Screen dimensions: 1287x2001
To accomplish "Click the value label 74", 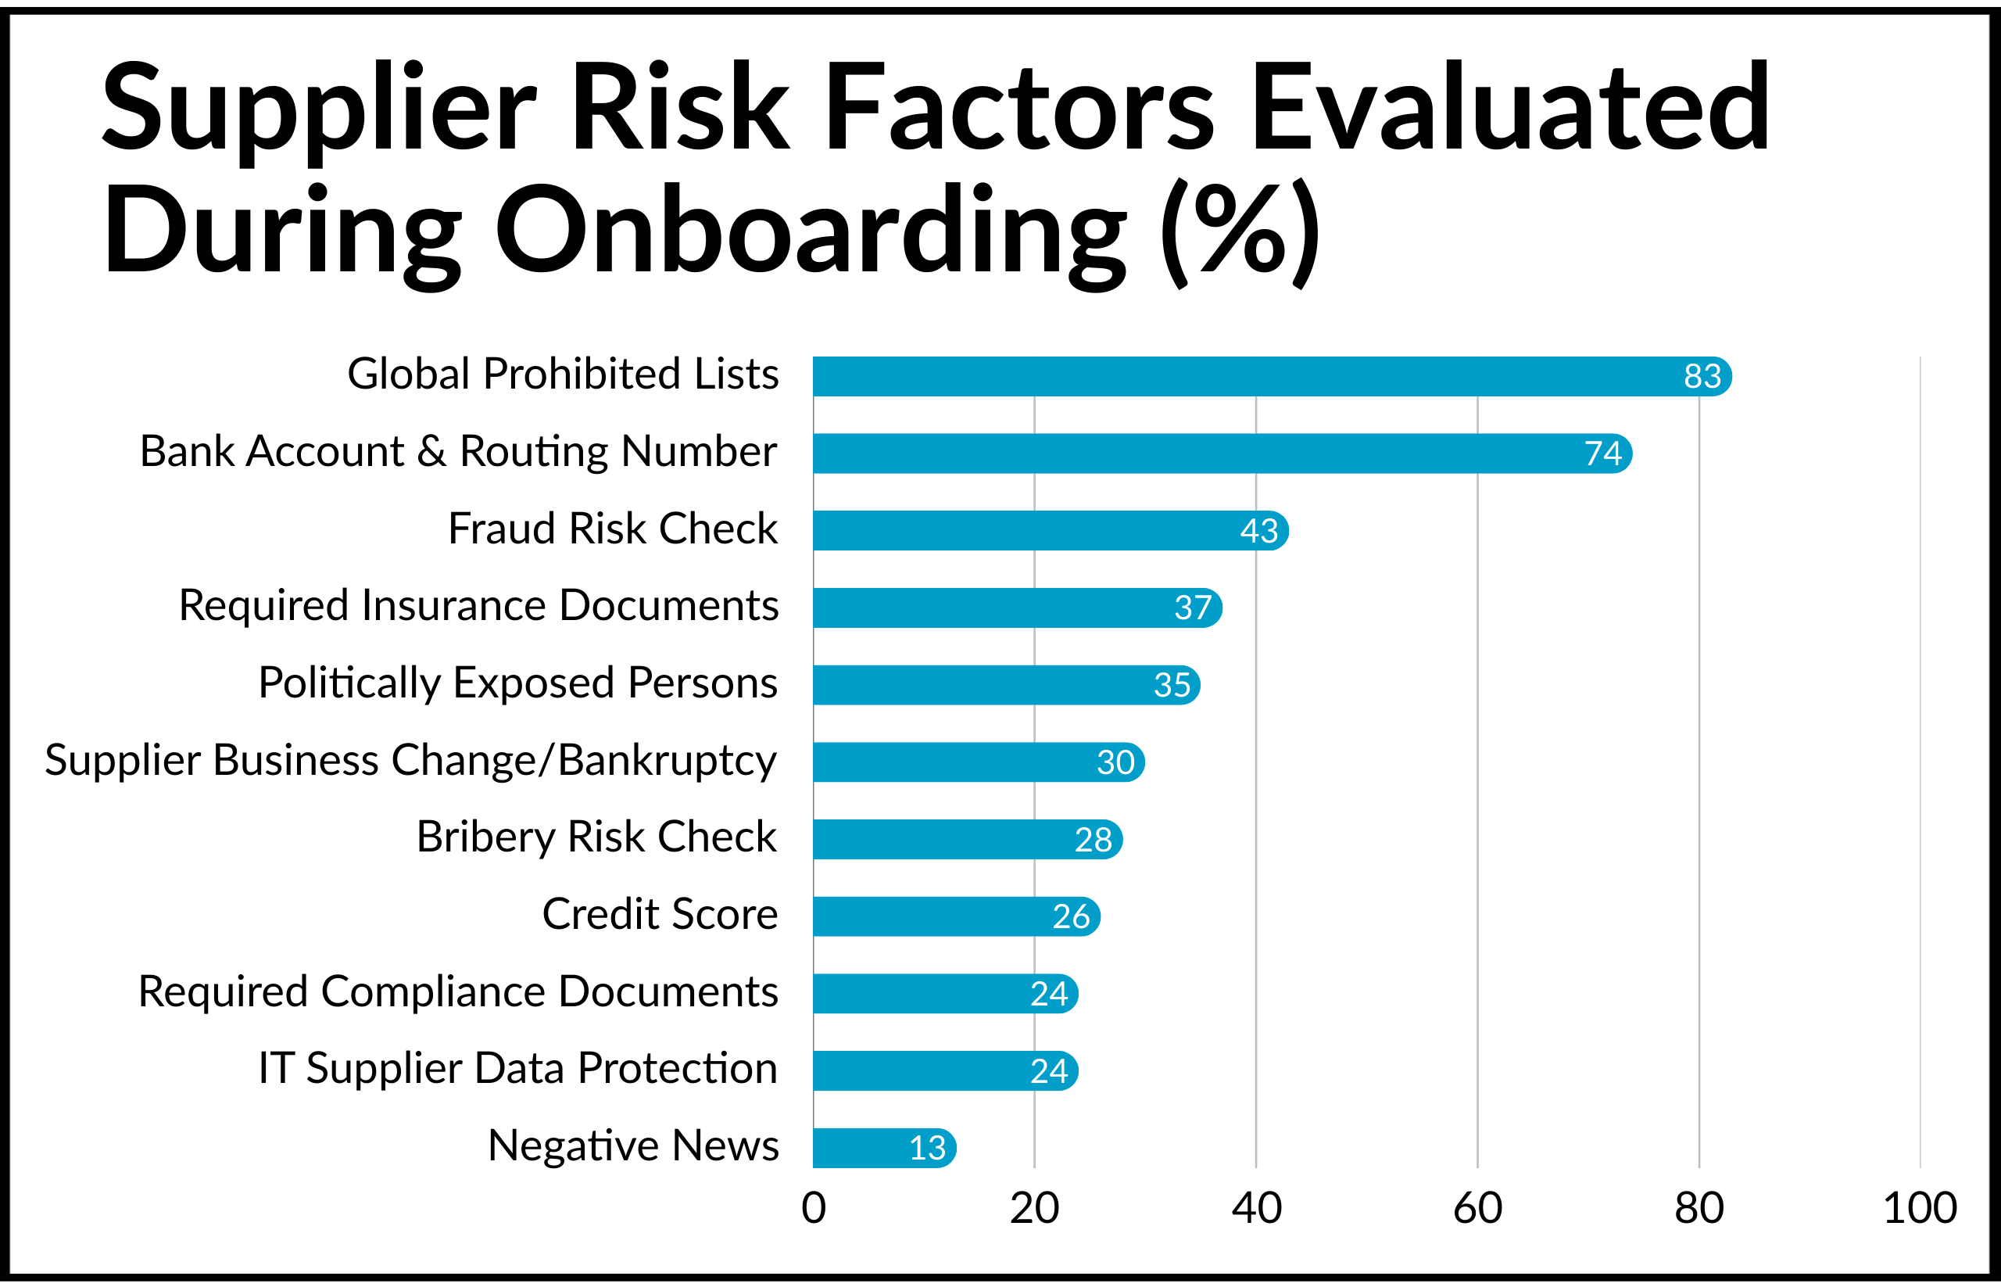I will click(1602, 453).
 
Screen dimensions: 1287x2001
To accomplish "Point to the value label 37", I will click(1192, 608).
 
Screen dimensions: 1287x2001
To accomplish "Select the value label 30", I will click(1115, 762).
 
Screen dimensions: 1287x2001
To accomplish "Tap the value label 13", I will click(926, 1149).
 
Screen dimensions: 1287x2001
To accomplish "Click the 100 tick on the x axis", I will click(1919, 1209).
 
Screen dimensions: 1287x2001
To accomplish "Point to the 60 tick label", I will click(1477, 1209).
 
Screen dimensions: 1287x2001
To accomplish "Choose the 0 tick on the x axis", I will click(813, 1209).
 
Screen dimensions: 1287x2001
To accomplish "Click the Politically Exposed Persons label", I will click(518, 683).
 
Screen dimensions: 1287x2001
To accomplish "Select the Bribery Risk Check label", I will click(596, 837).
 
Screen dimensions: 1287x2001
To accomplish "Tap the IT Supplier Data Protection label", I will click(518, 1069).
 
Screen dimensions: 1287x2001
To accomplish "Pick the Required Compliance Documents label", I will click(458, 992).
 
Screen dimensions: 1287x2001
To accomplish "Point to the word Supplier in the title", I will click(317, 109).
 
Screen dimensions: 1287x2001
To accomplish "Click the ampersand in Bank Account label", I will click(431, 452).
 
